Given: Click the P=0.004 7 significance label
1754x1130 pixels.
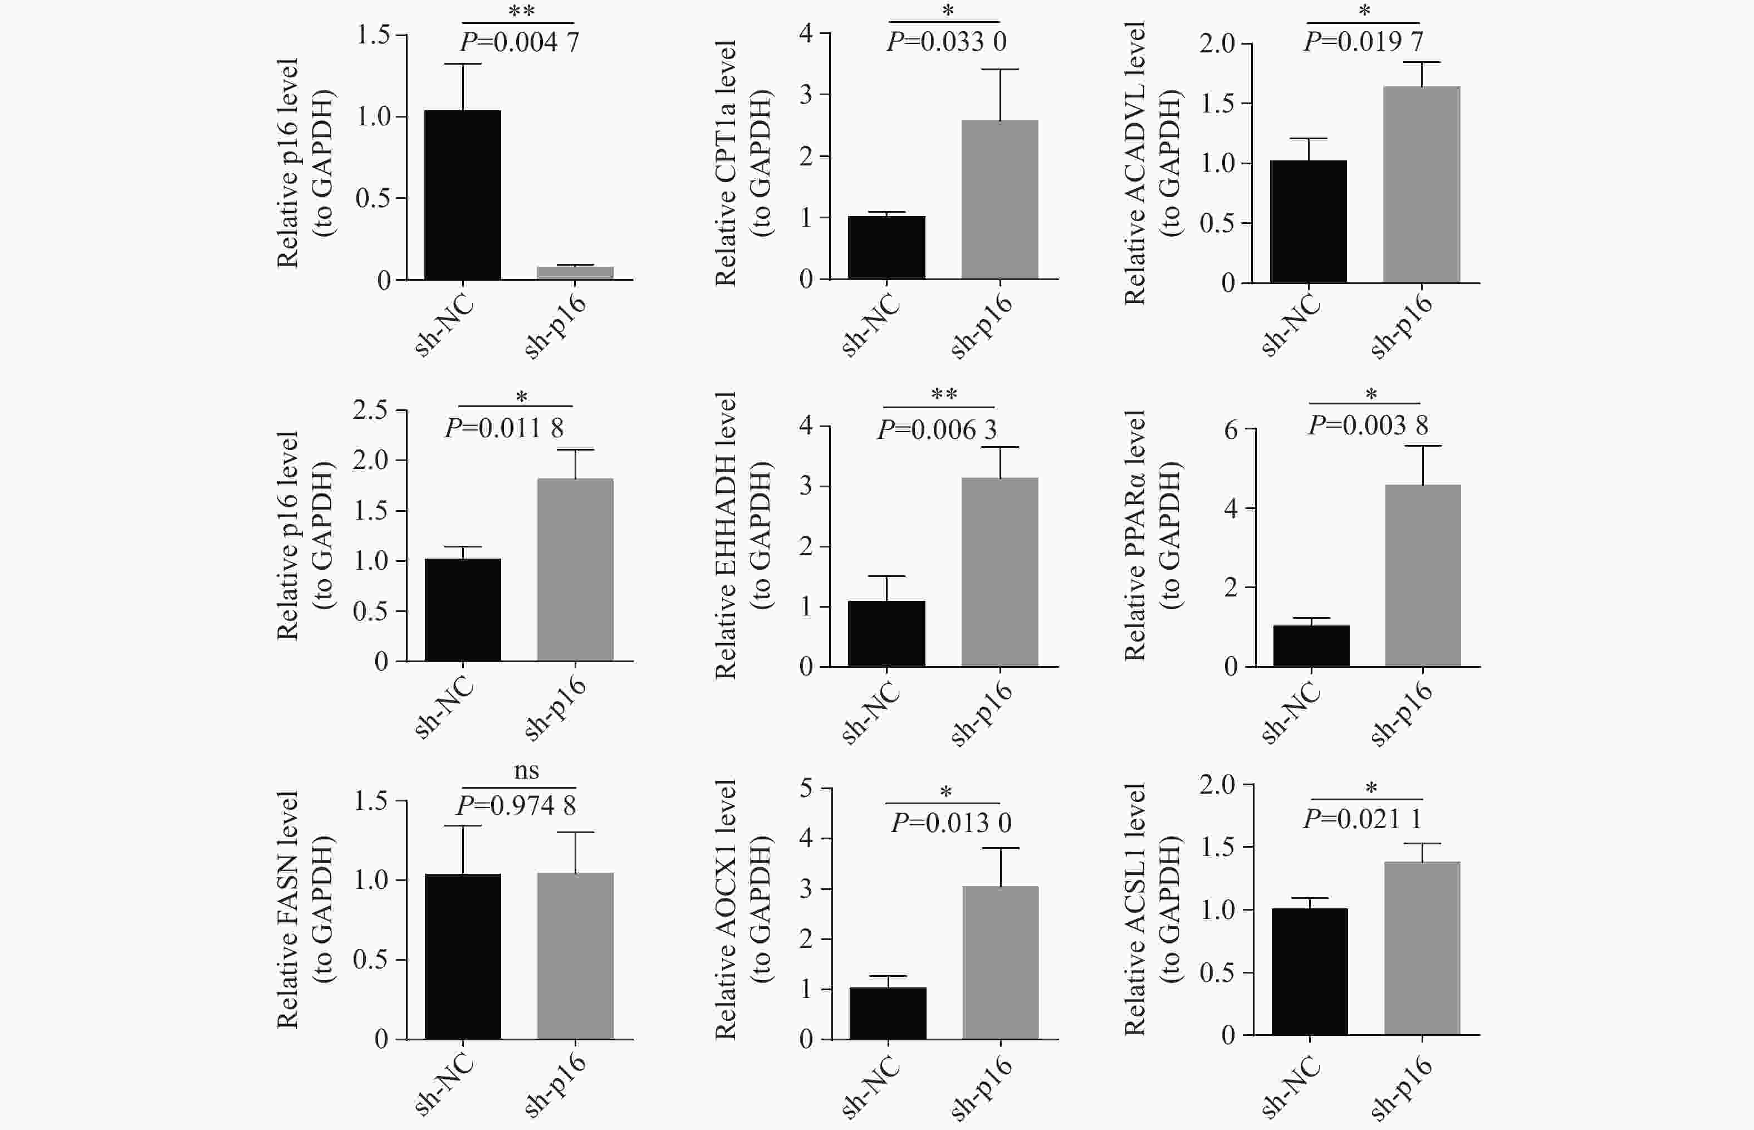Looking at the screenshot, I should coord(520,42).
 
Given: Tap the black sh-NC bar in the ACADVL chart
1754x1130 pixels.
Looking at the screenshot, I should coord(1308,222).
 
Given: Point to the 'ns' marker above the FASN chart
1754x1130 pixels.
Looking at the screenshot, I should coord(526,770).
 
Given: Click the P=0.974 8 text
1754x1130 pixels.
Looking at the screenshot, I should coord(516,806).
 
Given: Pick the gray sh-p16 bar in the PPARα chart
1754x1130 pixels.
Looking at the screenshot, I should coord(1423,575).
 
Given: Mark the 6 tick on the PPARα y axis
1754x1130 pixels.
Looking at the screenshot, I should coord(1231,429).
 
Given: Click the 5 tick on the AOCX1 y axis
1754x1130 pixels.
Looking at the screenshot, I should coord(806,789).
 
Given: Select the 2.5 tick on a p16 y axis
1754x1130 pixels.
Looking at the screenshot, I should coord(370,410).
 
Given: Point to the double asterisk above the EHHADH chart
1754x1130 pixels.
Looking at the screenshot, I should coord(944,395).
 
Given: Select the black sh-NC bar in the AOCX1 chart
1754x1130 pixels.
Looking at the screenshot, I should coord(888,1014).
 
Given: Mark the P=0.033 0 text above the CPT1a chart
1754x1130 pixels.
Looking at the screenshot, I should coord(946,42).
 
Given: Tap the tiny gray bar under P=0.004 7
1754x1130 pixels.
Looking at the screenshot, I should coord(575,273).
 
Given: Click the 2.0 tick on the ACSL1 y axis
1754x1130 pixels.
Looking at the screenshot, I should coord(1217,785).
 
